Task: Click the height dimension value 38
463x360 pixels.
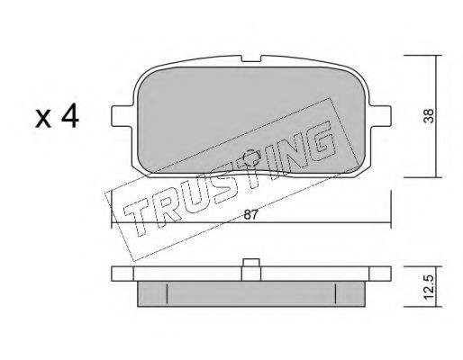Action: (x=430, y=116)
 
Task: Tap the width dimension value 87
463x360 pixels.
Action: (x=250, y=215)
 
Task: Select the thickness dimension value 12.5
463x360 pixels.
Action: (x=430, y=287)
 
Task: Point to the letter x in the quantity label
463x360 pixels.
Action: (x=43, y=119)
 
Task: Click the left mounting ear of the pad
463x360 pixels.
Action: (x=122, y=116)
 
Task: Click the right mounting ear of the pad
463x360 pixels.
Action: (x=380, y=116)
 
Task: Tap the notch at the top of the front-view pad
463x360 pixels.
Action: (x=251, y=58)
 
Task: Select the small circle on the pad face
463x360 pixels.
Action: (x=251, y=158)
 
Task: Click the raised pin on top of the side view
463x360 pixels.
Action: (x=251, y=263)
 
